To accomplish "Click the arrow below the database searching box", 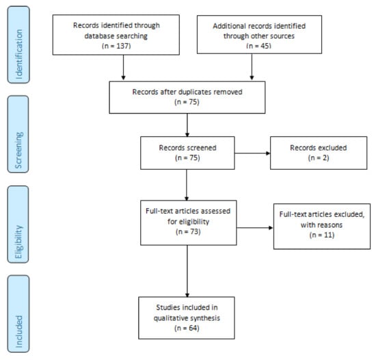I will click(123, 69).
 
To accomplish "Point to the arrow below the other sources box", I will click(252, 69).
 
